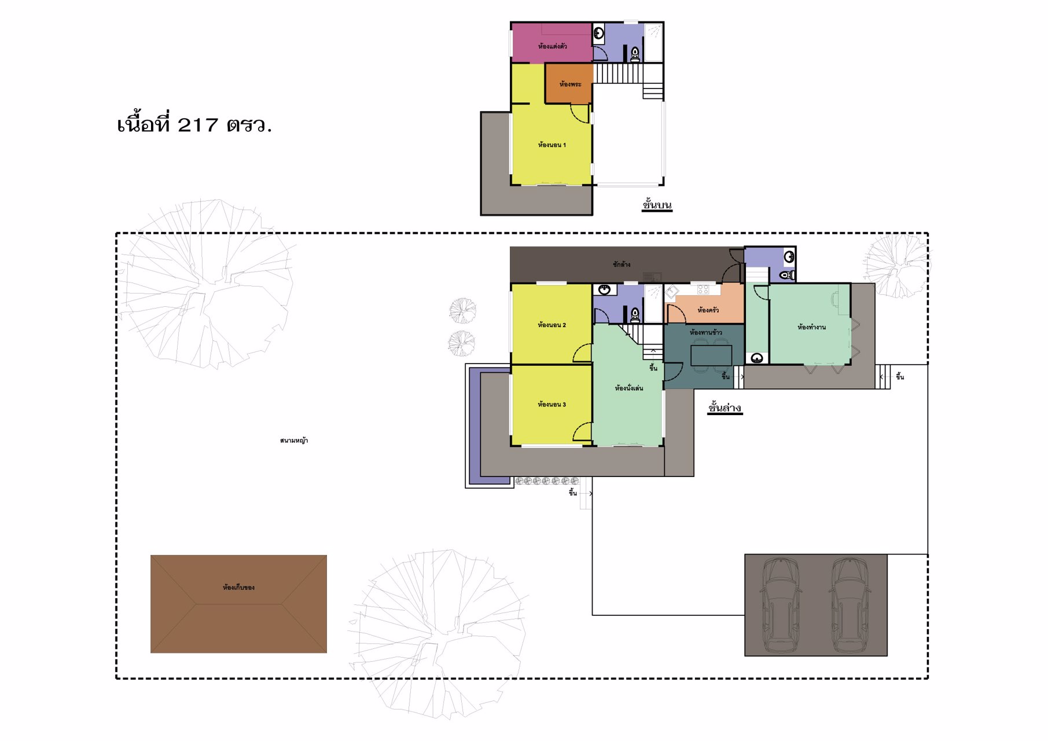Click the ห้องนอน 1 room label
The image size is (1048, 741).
[x=551, y=145]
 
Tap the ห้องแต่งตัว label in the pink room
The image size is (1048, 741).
[x=552, y=46]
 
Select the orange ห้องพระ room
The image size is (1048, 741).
[x=569, y=83]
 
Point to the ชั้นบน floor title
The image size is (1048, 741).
[x=657, y=204]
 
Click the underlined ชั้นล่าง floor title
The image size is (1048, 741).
[x=725, y=408]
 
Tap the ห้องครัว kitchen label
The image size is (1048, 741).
[x=708, y=310]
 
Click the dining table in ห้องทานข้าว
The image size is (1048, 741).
[x=711, y=355]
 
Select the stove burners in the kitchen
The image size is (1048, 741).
[x=703, y=289]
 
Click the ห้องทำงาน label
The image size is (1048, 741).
[x=811, y=327]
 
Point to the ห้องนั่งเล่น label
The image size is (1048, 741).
[x=628, y=388]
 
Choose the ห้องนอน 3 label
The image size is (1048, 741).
[x=551, y=404]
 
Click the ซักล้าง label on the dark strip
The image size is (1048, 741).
[x=622, y=264]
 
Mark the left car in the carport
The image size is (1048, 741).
[x=781, y=604]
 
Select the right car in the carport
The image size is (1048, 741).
[x=849, y=604]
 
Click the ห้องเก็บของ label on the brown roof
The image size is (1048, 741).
[x=238, y=587]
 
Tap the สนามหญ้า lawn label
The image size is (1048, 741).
[x=294, y=441]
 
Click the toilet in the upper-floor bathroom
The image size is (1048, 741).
[x=635, y=54]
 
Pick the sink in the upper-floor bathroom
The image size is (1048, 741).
[x=599, y=33]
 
